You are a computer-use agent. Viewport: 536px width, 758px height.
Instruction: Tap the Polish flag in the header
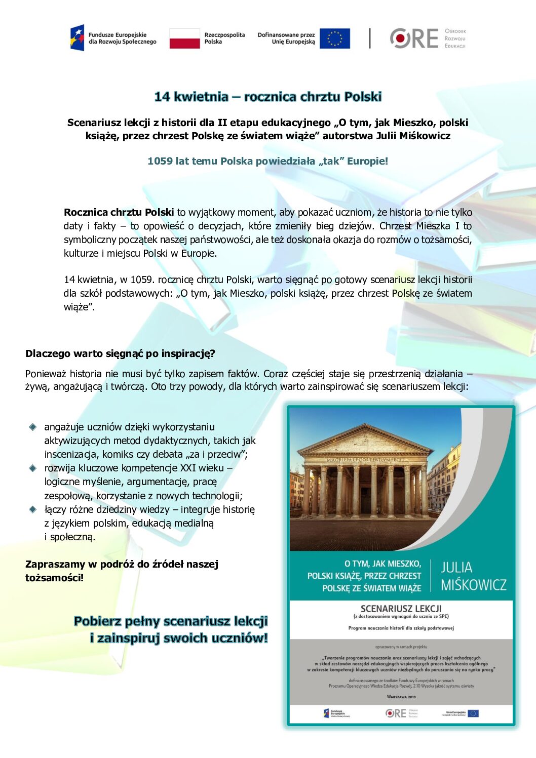184,38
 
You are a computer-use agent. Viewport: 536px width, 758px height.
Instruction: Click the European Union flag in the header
334,38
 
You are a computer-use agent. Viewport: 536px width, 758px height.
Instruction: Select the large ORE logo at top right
414,38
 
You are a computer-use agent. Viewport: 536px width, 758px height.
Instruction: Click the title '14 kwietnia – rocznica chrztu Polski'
267,97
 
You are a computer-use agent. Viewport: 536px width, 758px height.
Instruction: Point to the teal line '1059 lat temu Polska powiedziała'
267,161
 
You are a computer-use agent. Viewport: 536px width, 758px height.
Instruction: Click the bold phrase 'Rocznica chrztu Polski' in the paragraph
119,212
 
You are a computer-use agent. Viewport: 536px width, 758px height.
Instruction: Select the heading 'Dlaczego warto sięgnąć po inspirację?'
120,353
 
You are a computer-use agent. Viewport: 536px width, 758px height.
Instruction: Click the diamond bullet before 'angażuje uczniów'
33,427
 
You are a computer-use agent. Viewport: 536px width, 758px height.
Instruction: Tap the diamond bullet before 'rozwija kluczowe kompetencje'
33,468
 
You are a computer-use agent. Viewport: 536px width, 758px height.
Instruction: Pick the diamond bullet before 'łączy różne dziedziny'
33,509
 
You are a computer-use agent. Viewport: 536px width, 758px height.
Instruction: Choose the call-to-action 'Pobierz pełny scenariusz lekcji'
171,621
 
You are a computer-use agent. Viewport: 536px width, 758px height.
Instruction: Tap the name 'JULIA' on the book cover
456,568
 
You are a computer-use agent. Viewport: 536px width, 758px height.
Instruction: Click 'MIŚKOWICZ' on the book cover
473,585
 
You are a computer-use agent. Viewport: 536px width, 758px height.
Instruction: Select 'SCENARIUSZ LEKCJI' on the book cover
401,609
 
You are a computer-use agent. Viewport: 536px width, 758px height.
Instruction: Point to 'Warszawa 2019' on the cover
401,697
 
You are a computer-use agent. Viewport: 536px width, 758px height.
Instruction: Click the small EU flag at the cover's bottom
473,713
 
